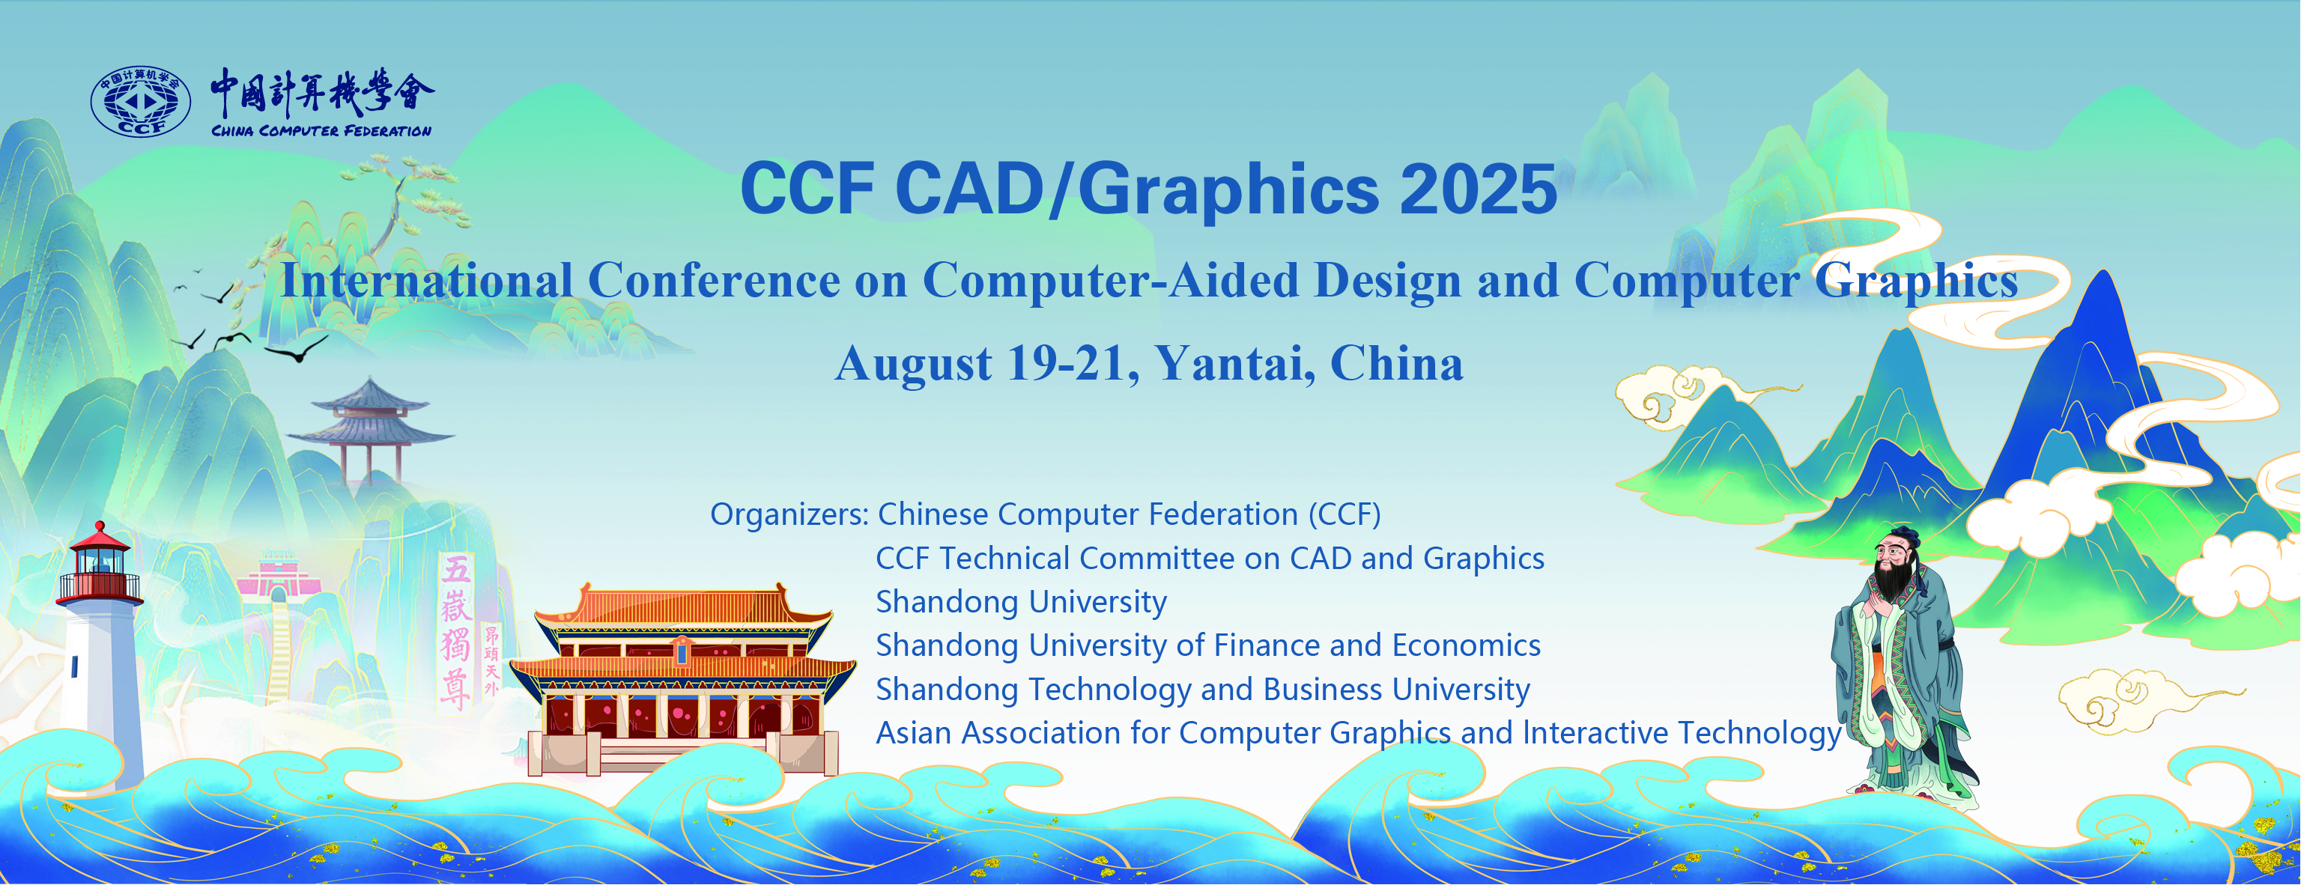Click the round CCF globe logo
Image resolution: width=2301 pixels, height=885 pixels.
coord(141,101)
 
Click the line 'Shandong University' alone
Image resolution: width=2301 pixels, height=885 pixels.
coord(1021,602)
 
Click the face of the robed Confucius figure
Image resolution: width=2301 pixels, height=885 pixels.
coord(1892,553)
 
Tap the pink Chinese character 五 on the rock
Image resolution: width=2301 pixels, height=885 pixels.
coord(456,570)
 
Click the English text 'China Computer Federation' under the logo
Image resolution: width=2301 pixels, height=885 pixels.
coord(321,131)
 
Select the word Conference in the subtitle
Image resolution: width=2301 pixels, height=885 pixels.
coord(714,282)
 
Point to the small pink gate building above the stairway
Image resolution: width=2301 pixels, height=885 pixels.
coord(279,575)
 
